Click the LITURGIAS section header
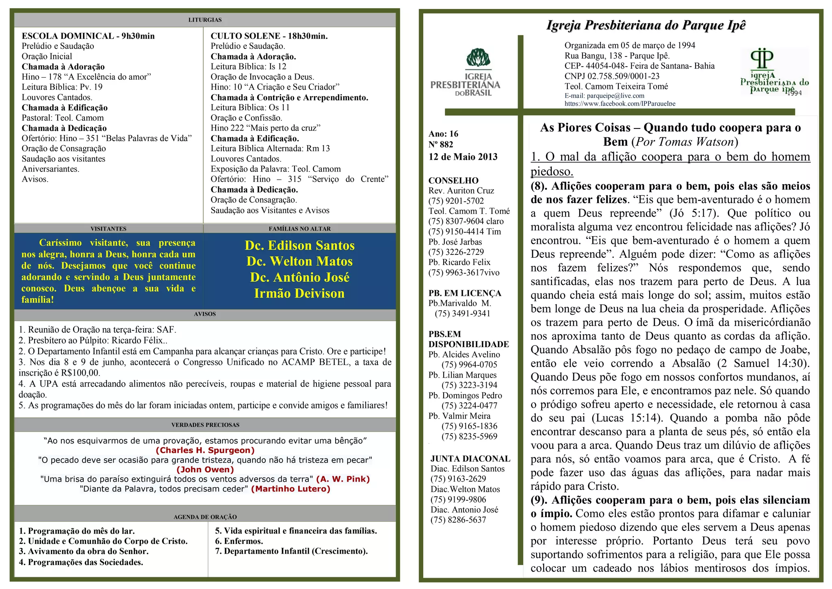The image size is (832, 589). click(x=205, y=20)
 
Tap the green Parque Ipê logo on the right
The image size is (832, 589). click(x=774, y=72)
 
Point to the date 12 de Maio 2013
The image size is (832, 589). click(x=463, y=157)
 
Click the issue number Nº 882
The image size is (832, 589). click(x=441, y=144)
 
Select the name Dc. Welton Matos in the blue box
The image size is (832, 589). click(x=299, y=261)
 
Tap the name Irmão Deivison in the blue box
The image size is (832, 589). click(x=299, y=293)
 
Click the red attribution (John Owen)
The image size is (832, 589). click(x=205, y=469)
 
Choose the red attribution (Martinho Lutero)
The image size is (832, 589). click(x=291, y=489)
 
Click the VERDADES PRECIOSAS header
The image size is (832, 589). click(x=205, y=425)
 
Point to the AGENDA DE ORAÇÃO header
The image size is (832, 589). click(x=205, y=517)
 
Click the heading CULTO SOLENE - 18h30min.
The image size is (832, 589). click(x=269, y=36)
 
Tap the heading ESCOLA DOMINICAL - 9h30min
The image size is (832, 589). click(x=88, y=36)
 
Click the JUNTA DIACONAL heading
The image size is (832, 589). click(x=470, y=459)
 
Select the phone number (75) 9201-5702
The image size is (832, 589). click(x=456, y=201)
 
